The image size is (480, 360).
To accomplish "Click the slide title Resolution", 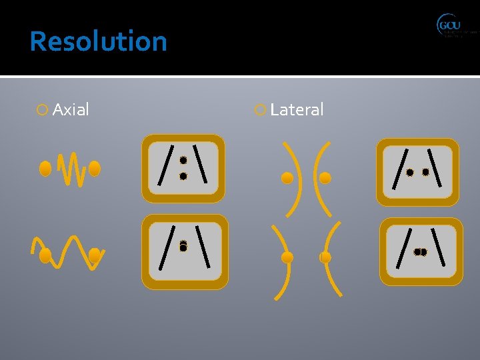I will tap(98, 41).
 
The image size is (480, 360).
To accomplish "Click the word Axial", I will tap(70, 110).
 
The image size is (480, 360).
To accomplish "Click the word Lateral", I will tap(297, 110).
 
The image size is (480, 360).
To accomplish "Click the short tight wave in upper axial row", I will tap(70, 169).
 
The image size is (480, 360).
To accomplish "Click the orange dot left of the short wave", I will tap(45, 169).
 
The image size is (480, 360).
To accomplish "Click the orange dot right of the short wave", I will tap(95, 169).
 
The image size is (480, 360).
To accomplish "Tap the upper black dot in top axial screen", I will tap(183, 161).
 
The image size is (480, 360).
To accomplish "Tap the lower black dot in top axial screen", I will tap(183, 176).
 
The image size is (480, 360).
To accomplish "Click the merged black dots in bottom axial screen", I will tap(183, 246).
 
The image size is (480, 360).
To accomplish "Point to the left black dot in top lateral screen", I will tap(410, 172).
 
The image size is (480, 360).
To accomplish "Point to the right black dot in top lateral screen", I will tap(425, 172).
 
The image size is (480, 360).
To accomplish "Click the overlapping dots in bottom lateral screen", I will tap(420, 252).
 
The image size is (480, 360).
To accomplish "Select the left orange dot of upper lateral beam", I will tap(287, 178).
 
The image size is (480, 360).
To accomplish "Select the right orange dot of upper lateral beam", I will tap(325, 178).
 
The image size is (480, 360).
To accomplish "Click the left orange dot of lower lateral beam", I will tap(287, 257).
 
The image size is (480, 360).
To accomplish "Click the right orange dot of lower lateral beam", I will tap(325, 257).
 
